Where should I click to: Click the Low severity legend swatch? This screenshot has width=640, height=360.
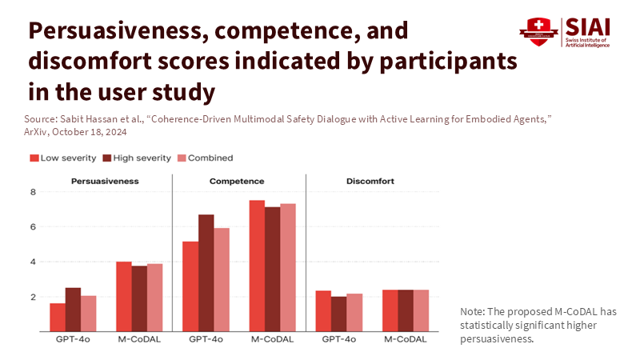pos(34,158)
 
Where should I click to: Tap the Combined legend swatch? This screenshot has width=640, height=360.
pos(182,158)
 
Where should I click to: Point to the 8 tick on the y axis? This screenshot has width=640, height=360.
pos(33,192)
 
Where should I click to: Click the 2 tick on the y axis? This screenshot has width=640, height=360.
pos(33,297)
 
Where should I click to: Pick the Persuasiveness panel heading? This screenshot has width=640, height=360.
pos(105,181)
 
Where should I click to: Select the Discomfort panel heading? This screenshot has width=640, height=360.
pos(371,181)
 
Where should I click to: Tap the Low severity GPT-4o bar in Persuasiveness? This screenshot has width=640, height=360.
pos(58,317)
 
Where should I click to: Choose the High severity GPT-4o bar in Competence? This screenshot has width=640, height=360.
pos(206,273)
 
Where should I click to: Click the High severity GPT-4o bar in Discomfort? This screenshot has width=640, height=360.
pos(339,314)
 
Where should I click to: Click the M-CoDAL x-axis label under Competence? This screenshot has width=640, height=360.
pos(272,339)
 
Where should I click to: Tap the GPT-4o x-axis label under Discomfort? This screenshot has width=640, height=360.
pos(339,339)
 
